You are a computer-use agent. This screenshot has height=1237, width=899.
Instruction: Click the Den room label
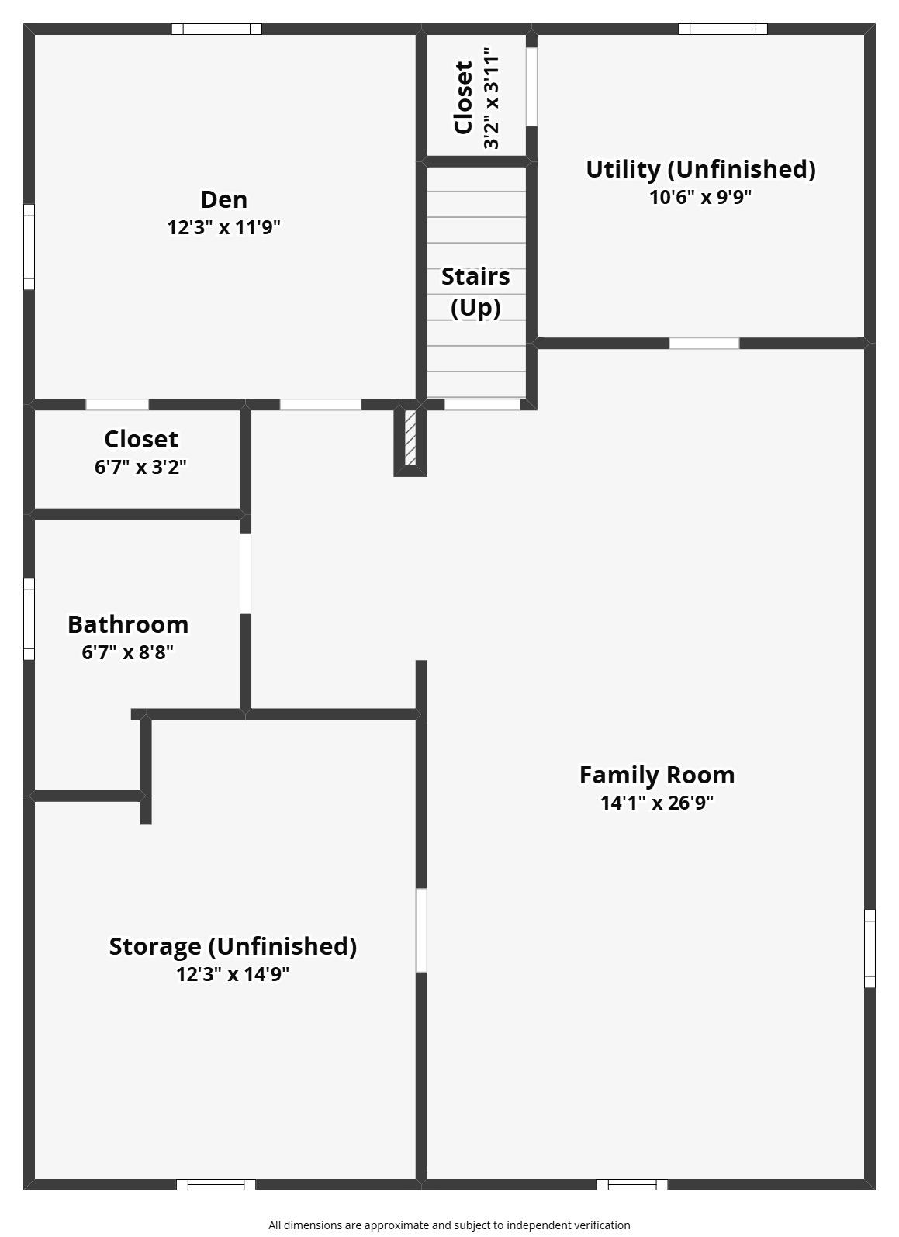[224, 199]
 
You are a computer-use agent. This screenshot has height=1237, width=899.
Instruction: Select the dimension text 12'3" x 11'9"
[224, 227]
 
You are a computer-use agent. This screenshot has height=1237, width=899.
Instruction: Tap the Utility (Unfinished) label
[700, 169]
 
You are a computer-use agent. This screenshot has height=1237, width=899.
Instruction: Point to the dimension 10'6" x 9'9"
[700, 197]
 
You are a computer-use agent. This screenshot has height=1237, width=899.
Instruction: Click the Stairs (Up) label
[475, 292]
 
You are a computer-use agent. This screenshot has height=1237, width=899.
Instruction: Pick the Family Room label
[657, 775]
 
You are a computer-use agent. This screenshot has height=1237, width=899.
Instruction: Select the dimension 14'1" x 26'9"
[657, 803]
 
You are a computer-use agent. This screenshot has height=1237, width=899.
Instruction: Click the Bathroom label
[128, 624]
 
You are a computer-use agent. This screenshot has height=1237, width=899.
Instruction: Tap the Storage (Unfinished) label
[233, 946]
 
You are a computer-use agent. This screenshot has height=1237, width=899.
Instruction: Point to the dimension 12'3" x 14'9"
[233, 974]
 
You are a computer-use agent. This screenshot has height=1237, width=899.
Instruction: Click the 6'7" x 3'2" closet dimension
[140, 467]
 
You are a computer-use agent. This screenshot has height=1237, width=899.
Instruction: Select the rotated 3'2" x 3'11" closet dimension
[491, 98]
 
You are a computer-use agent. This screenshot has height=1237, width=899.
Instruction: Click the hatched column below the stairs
[411, 438]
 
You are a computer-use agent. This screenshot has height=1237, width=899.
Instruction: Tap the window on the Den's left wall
[29, 247]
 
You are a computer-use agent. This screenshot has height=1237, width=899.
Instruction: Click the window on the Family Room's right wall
[870, 948]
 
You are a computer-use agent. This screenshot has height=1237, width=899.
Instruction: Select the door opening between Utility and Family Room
[704, 343]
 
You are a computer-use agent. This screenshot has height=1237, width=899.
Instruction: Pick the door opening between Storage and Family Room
[421, 930]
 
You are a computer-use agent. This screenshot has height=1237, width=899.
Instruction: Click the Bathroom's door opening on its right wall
[245, 573]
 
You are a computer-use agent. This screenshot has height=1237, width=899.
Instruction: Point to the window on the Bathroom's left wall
[29, 618]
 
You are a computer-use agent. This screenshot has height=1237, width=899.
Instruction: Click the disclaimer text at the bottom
[449, 1225]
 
